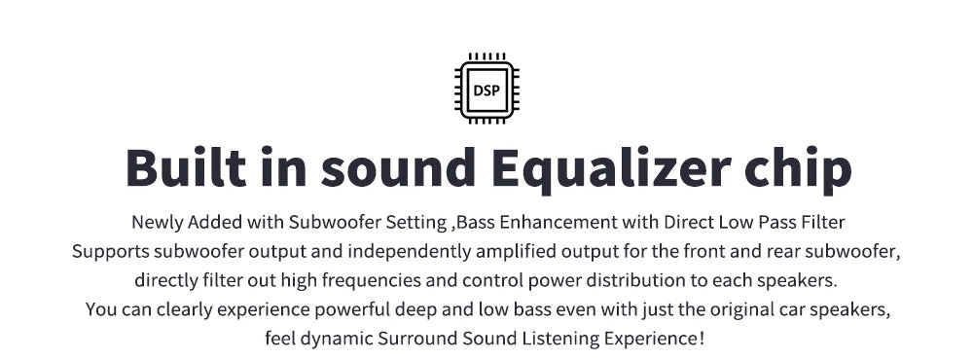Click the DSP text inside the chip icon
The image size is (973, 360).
point(486,90)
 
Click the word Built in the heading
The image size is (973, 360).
point(186,167)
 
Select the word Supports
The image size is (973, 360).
point(111,252)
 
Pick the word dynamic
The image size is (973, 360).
point(338,340)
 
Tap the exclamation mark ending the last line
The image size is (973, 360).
point(702,339)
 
